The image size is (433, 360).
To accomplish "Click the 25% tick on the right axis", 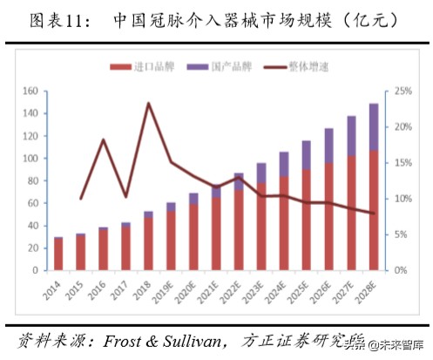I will (x=403, y=91).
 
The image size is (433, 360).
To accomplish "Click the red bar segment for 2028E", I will (x=373, y=209).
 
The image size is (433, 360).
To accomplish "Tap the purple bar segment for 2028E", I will (x=373, y=126).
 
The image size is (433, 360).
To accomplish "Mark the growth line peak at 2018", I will (x=149, y=104).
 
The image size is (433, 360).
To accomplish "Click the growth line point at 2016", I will (x=104, y=139).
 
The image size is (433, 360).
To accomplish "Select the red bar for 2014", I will (x=58, y=254).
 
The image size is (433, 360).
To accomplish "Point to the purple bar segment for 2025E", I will (x=305, y=154).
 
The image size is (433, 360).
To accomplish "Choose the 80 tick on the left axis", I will (x=30, y=180).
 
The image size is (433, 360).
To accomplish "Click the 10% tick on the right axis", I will (x=403, y=199).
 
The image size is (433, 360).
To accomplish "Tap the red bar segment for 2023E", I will (x=260, y=227).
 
